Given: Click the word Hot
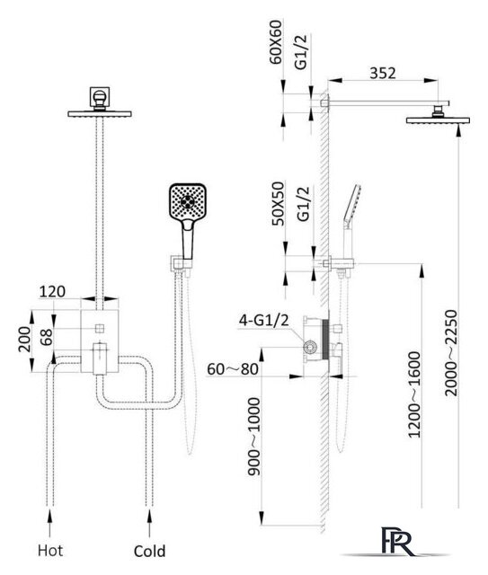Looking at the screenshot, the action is (50, 551).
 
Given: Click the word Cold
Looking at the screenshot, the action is (149, 551).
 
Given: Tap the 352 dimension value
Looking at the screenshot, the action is (383, 74).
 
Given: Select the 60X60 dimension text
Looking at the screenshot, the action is (276, 42).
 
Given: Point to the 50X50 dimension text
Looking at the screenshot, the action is (278, 204).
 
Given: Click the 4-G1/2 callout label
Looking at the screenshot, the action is (264, 320).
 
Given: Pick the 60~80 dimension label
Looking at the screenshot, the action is (233, 369).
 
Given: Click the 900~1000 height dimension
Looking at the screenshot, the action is (253, 437).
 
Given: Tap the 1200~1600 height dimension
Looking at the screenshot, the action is (414, 394).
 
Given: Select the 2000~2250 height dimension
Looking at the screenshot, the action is (452, 353).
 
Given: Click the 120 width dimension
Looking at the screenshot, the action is (52, 292).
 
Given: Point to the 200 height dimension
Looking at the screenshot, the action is (24, 340).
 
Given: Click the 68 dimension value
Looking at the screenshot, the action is (47, 337).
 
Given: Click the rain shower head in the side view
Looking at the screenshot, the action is (438, 120).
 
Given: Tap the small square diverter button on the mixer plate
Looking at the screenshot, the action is (100, 329).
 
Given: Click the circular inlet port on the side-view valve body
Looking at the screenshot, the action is (310, 347).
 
